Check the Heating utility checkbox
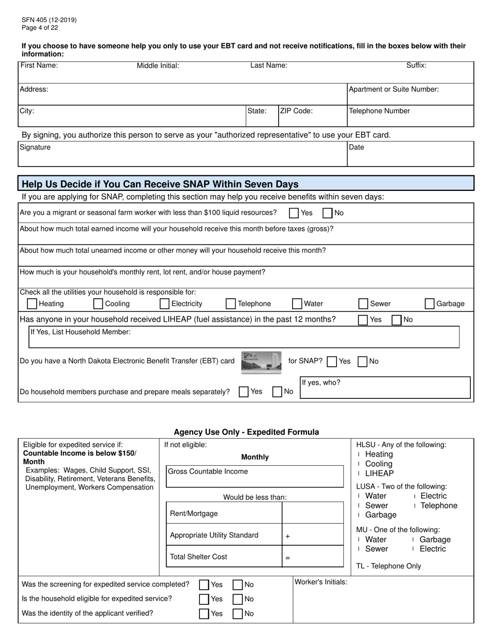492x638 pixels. tap(32, 304)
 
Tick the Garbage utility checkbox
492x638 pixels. tap(430, 304)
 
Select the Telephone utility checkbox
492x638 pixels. tap(231, 304)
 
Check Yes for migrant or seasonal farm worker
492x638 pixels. tap(294, 213)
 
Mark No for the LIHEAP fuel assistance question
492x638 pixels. tap(397, 320)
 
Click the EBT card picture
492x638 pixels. tap(261, 362)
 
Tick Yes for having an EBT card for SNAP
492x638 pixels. tap(332, 362)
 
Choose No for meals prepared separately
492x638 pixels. tap(278, 392)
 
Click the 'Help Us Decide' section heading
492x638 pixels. tap(160, 184)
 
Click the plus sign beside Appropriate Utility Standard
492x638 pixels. tap(287, 536)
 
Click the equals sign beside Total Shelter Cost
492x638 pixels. tap(287, 558)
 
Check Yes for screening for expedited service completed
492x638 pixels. tap(204, 585)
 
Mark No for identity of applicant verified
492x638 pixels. tap(238, 614)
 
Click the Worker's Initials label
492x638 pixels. tap(321, 582)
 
